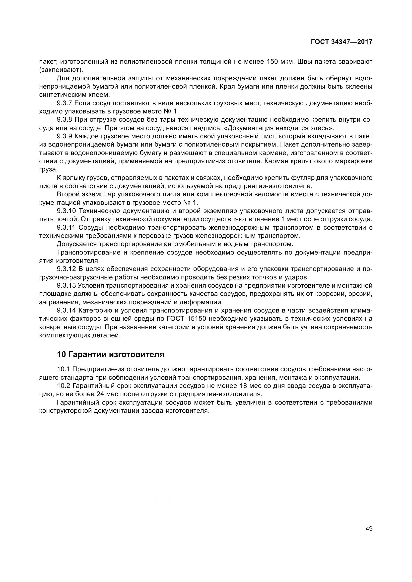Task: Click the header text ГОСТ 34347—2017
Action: pyautogui.click(x=342, y=42)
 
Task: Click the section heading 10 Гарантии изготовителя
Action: pyautogui.click(x=111, y=354)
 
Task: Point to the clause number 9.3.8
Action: pyautogui.click(x=65, y=120)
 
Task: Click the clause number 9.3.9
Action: pyautogui.click(x=65, y=136)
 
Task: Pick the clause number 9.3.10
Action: pyautogui.click(x=67, y=211)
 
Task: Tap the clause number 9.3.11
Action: pyautogui.click(x=66, y=228)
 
